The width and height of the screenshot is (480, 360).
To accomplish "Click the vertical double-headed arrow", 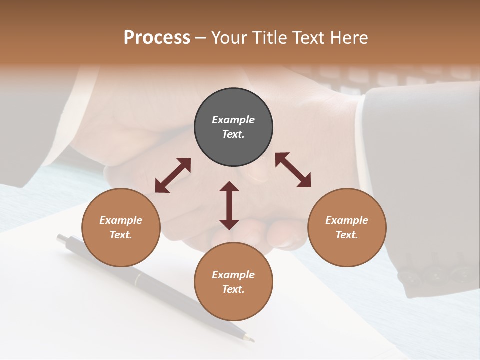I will point(229,205).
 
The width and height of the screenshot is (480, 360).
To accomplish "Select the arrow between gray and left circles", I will point(173,175).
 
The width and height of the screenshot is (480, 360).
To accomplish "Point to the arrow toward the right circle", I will point(293,170).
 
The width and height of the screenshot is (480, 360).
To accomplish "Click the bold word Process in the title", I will point(157,37).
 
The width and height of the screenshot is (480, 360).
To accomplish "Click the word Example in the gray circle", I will point(233,120).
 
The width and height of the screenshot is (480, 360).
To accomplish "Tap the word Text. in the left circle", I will point(121,235).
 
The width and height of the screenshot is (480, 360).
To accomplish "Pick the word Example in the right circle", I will point(347,220).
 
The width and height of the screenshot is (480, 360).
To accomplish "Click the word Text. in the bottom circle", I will point(233,289).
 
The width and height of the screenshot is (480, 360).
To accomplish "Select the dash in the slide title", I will point(201,38).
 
